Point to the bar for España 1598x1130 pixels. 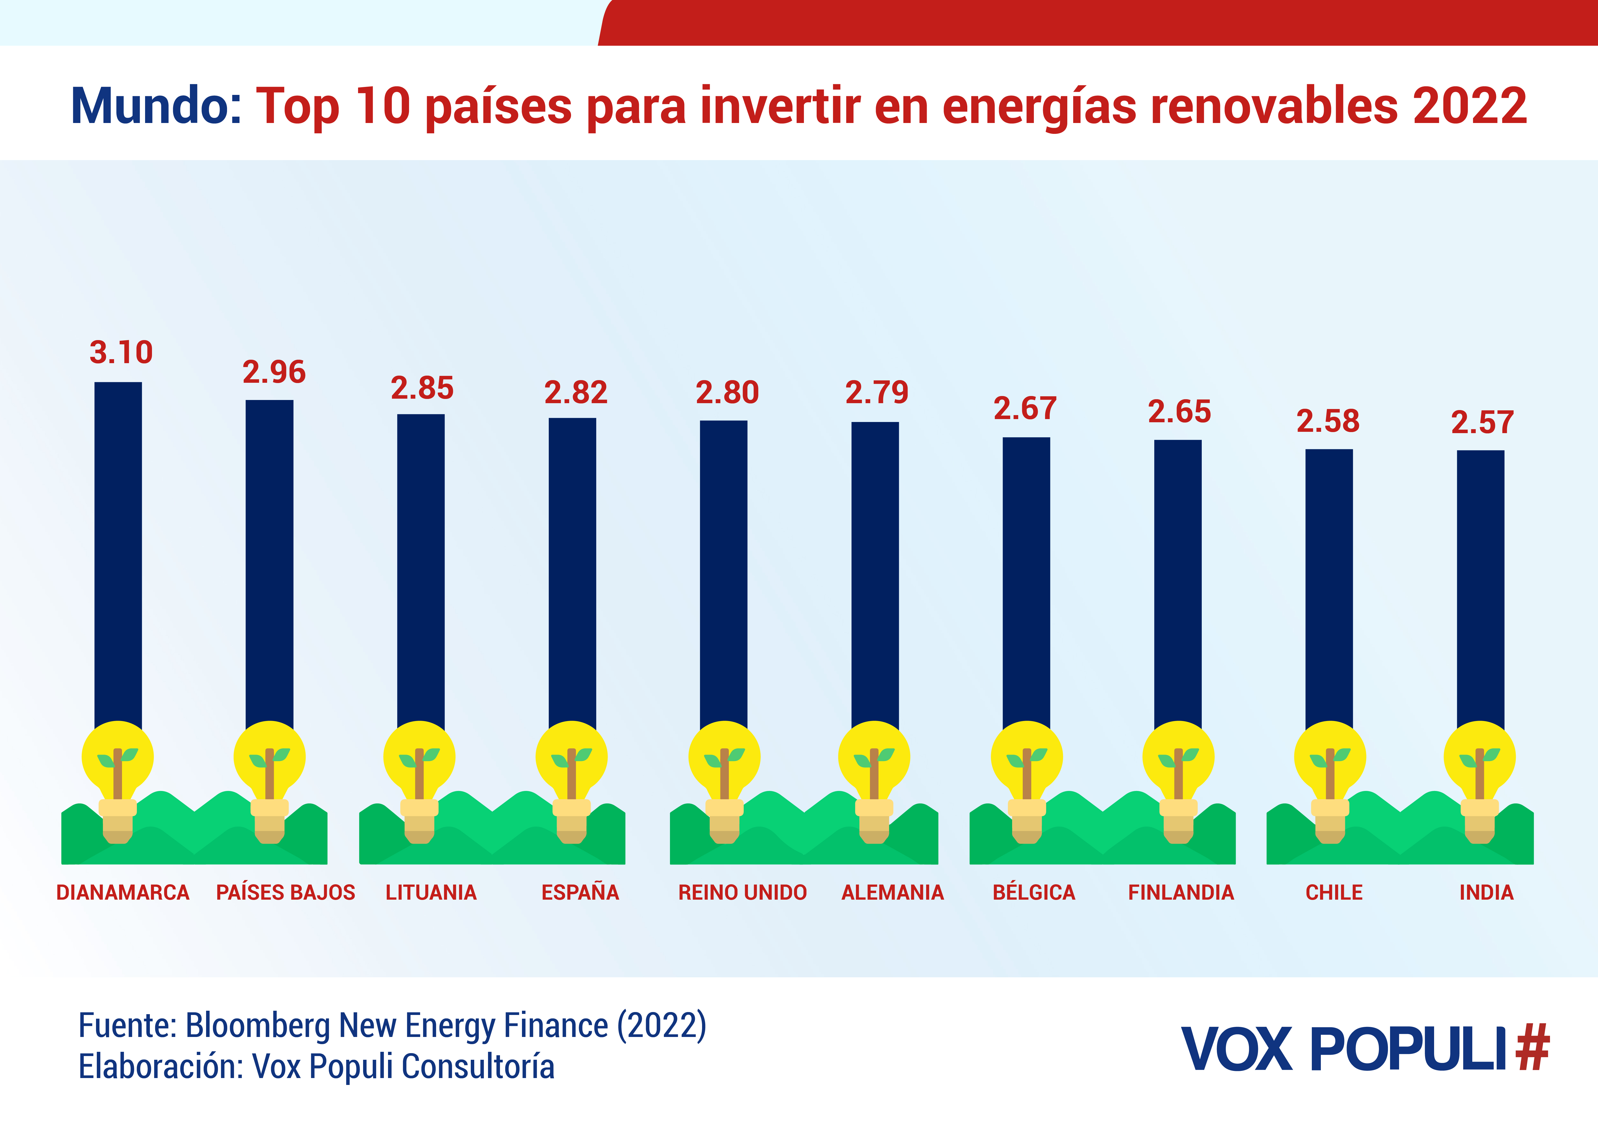tap(572, 570)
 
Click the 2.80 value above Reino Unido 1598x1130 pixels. tap(727, 392)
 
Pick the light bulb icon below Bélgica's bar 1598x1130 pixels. tap(1026, 766)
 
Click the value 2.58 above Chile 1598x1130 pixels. tap(1328, 421)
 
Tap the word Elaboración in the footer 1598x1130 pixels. tap(160, 1067)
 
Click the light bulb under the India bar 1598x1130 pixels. tap(1480, 766)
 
